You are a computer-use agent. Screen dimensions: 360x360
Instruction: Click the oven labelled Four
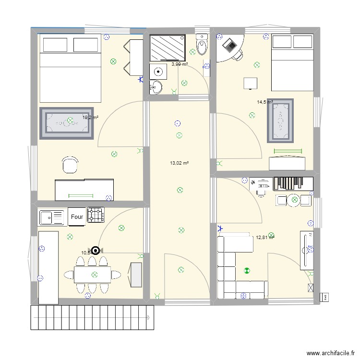click(x=77, y=216)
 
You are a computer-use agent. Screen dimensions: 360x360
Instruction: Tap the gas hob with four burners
click(x=95, y=216)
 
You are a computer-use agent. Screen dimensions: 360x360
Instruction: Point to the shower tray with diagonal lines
click(x=167, y=48)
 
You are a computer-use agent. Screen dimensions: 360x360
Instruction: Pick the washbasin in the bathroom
click(x=157, y=87)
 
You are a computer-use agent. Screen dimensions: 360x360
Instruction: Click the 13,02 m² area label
click(x=179, y=163)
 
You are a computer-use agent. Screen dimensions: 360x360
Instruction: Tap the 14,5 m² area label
click(x=264, y=102)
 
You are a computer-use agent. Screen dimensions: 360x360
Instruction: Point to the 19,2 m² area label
click(x=90, y=117)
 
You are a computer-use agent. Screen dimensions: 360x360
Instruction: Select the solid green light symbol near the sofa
click(x=247, y=271)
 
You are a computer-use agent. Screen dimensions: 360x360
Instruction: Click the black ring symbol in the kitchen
click(x=96, y=250)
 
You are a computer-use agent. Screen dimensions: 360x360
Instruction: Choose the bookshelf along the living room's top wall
click(x=293, y=184)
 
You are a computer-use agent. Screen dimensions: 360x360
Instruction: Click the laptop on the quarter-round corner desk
click(x=231, y=46)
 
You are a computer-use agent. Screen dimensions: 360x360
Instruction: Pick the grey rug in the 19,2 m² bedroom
click(x=66, y=123)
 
